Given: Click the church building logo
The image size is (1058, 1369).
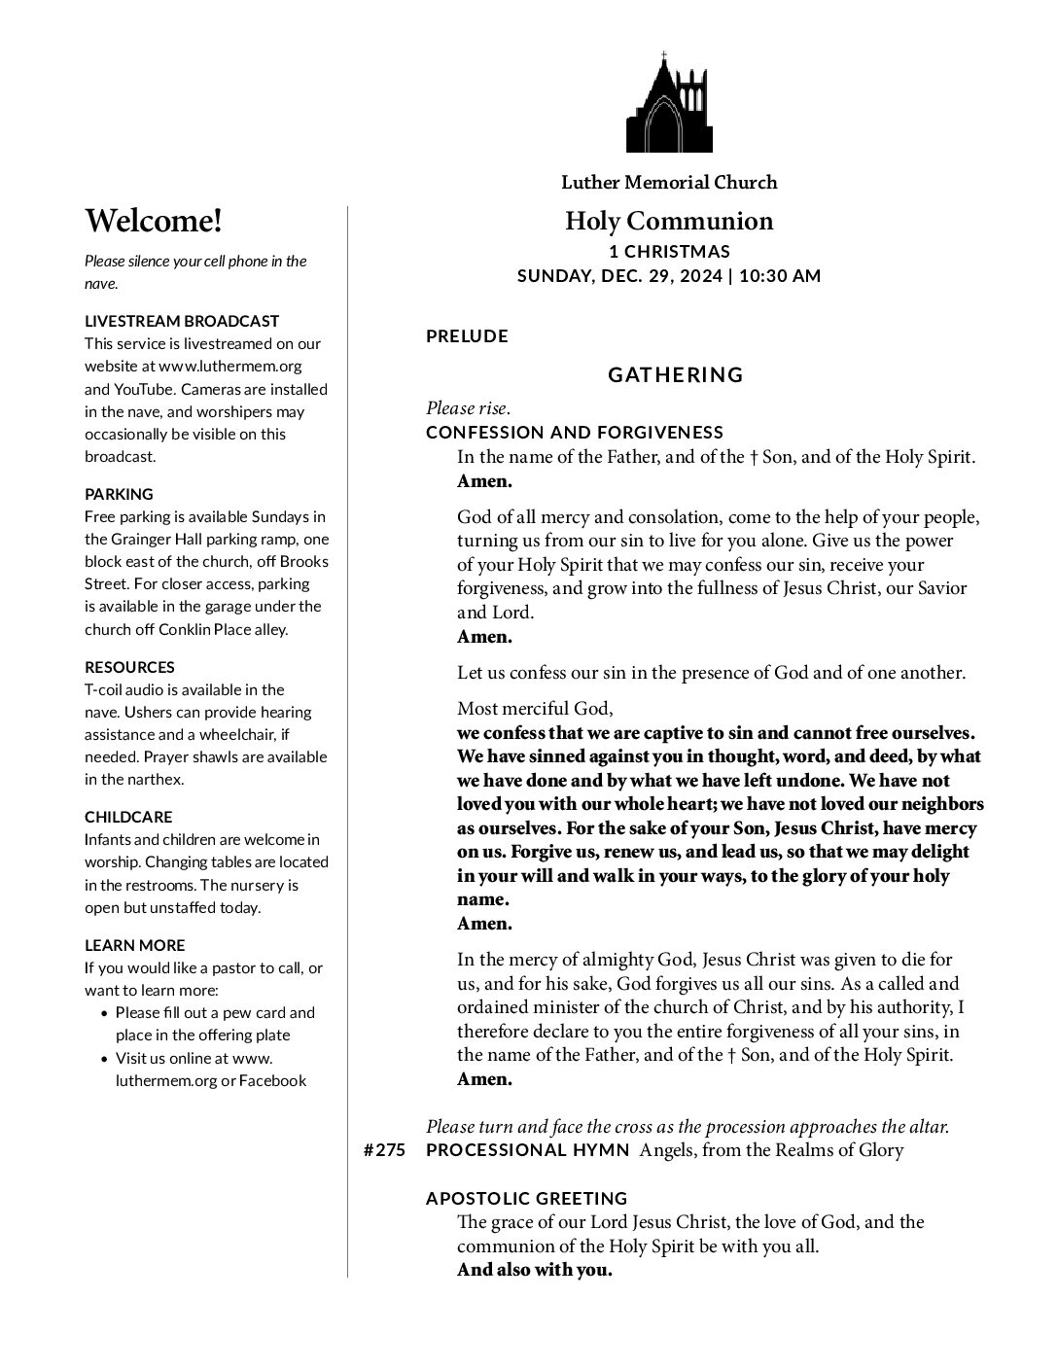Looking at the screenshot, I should (669, 102).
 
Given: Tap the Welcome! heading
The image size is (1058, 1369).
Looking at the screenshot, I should (154, 221).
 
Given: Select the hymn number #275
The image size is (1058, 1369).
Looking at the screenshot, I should (384, 1150).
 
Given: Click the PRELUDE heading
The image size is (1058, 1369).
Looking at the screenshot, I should (467, 336).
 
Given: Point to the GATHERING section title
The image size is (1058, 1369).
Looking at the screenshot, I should (675, 374).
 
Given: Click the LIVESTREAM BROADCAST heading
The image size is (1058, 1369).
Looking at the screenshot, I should (182, 321).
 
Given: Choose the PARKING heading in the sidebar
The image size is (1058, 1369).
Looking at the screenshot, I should (119, 494).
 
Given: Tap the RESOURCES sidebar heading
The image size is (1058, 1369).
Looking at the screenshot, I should (129, 667).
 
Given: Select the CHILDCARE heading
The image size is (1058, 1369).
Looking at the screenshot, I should (128, 817).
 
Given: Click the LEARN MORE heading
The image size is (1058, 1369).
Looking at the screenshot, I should (134, 945).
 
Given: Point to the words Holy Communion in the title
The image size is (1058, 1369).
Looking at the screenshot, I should (669, 221).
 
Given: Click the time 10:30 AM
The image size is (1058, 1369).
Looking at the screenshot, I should (780, 275).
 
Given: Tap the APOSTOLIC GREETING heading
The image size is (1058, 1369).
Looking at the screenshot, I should (526, 1198).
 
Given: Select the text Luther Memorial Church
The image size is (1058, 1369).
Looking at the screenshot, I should (669, 182).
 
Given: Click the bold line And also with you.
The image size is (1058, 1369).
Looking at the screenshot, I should (534, 1270).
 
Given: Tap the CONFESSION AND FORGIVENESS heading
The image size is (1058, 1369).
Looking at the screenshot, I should (575, 432).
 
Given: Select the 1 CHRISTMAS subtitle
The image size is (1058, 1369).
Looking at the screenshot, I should (669, 252).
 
